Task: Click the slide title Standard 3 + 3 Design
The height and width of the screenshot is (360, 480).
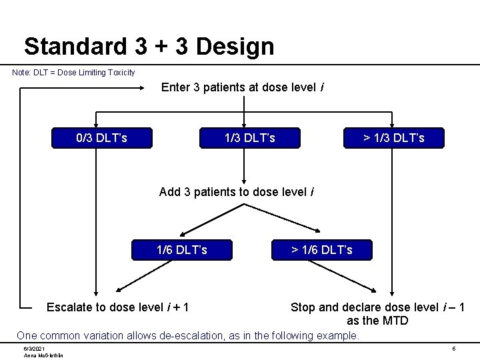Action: point(149,46)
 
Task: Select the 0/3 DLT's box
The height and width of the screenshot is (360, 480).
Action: point(102,138)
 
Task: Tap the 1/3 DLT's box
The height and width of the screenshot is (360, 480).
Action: point(249,138)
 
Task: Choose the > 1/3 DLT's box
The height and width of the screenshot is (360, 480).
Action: point(393,138)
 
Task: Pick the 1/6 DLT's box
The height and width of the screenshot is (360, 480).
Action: point(181,250)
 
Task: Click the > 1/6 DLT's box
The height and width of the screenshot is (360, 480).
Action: point(322,250)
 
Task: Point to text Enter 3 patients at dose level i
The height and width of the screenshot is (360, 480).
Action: point(243,87)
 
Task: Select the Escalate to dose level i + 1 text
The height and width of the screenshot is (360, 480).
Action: point(117,307)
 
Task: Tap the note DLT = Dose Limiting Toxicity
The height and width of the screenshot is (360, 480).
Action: point(73,72)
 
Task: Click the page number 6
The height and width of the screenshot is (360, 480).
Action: point(453,349)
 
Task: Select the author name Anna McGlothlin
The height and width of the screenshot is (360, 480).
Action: point(43,355)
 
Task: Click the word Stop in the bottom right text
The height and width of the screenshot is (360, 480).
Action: point(303,307)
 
